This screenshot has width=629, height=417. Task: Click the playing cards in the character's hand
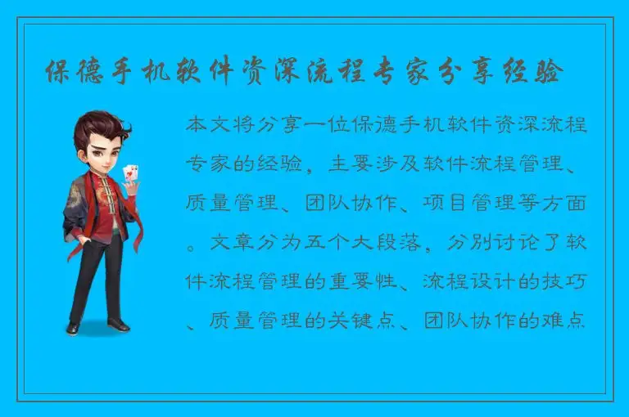pos(129,173)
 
